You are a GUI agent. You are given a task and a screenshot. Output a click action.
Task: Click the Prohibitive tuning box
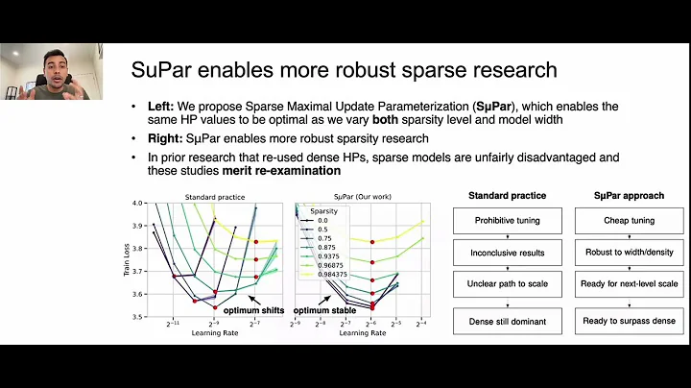(x=507, y=221)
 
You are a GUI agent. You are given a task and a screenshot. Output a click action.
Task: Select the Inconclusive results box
(x=507, y=253)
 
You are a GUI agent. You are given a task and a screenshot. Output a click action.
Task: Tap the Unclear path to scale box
(x=507, y=284)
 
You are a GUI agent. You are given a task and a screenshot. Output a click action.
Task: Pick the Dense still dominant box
(x=507, y=321)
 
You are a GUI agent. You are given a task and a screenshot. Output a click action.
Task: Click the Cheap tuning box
(x=630, y=221)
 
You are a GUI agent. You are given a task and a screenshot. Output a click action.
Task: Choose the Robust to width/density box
(x=630, y=253)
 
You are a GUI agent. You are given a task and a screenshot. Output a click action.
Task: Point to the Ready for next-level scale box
(x=630, y=284)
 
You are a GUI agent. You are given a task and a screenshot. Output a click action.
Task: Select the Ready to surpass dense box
(x=630, y=321)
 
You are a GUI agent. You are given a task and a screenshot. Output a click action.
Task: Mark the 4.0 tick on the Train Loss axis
(x=137, y=204)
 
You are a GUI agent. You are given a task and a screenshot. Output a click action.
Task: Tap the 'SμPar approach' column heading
(x=630, y=196)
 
